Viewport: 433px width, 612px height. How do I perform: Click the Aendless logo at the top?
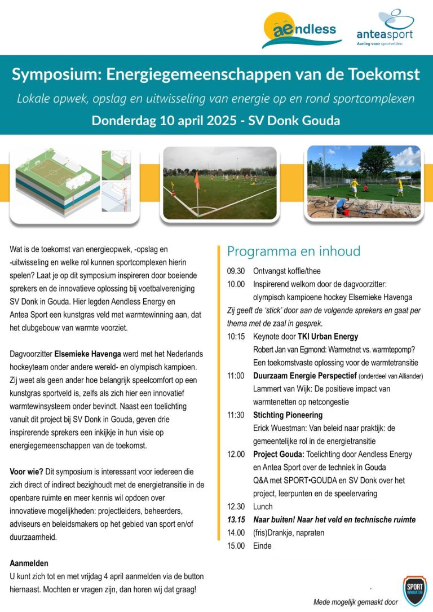point(301,29)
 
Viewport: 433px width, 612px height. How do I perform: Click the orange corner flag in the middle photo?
point(196,180)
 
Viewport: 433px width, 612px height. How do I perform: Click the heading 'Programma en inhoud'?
point(293,251)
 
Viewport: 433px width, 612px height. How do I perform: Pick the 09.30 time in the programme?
point(236,271)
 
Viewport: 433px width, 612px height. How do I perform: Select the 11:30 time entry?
point(236,415)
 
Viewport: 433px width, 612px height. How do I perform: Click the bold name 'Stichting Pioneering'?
point(288,415)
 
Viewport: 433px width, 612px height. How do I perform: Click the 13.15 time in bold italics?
point(236,519)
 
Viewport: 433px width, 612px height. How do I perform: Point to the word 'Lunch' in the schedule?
point(263,507)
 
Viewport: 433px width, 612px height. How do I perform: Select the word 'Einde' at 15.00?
point(262,545)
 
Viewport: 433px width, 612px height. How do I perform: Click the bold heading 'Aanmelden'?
point(29,563)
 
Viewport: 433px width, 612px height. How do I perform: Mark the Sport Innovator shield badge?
point(414,590)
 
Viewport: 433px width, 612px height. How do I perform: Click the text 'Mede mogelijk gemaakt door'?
point(355,602)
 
